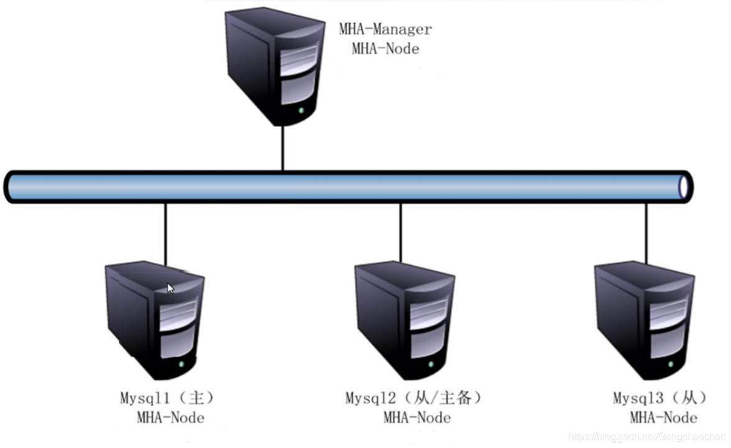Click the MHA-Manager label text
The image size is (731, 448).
pyautogui.click(x=385, y=29)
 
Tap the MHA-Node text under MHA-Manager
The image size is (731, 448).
pyautogui.click(x=385, y=49)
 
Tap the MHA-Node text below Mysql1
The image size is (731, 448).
pyautogui.click(x=170, y=418)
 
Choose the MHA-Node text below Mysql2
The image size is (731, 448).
pyautogui.click(x=416, y=418)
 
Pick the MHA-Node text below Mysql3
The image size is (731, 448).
pyautogui.click(x=663, y=418)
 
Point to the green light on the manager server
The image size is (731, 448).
pyautogui.click(x=301, y=111)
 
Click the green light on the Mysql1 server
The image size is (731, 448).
pyautogui.click(x=181, y=363)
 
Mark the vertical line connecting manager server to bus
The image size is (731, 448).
pyautogui.click(x=283, y=148)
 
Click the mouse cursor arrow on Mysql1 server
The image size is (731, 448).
pyautogui.click(x=171, y=288)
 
